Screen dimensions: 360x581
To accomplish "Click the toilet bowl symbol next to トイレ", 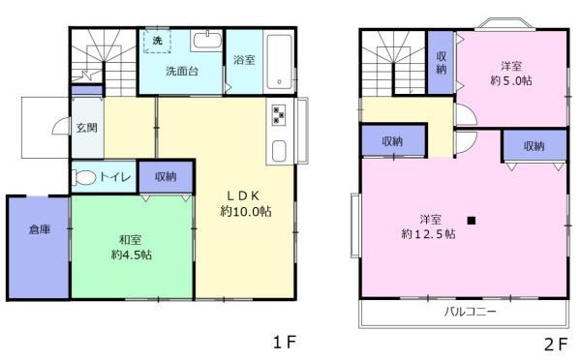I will coord(85,177).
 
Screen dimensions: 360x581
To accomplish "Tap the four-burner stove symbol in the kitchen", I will coord(279,115).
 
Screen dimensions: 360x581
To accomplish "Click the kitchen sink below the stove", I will coord(279,152).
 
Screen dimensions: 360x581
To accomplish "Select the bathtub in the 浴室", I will coord(278,59).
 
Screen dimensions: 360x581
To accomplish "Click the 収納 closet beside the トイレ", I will coord(165,176).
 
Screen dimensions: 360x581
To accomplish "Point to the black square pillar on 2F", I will coord(471,220).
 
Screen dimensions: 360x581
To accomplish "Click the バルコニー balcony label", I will coord(470,313).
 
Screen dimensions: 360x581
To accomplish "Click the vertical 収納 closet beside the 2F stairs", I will coord(441,63).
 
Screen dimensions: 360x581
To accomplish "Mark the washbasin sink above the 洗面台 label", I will coord(205,41).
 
